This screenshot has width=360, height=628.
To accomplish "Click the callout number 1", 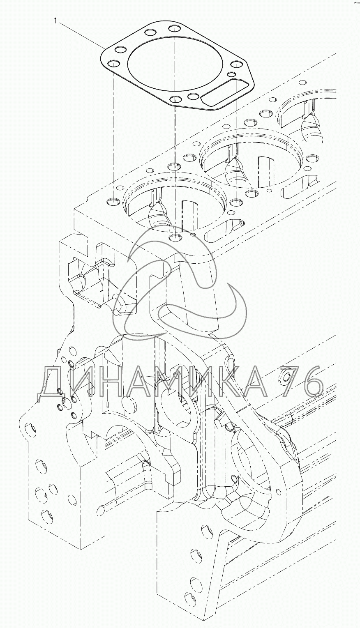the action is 56,21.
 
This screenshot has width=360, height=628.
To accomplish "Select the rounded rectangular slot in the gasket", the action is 225,93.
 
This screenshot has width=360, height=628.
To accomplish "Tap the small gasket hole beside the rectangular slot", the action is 231,74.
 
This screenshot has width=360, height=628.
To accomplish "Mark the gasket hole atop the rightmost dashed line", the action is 236,65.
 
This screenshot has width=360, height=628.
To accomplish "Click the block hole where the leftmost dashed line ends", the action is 113,201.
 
